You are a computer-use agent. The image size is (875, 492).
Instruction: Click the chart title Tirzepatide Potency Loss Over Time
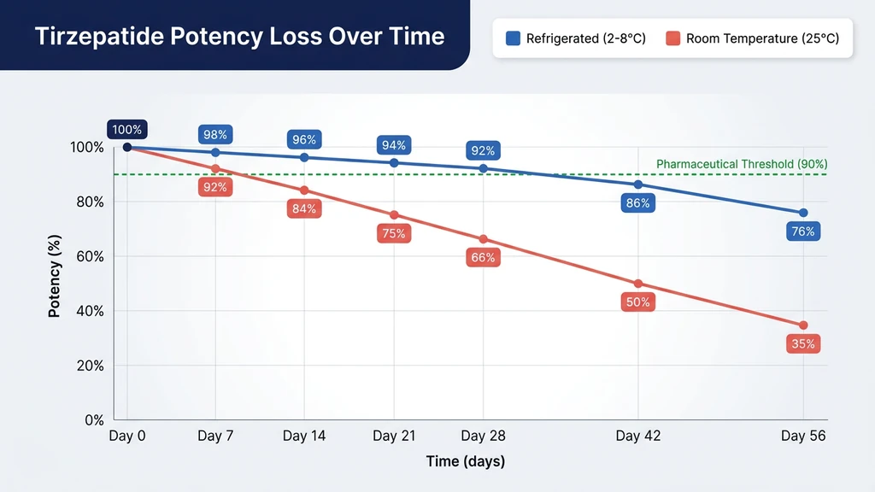(x=239, y=37)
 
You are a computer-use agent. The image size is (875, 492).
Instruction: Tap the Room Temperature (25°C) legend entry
(x=753, y=38)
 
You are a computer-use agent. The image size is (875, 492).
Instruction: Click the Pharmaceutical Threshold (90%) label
(x=741, y=164)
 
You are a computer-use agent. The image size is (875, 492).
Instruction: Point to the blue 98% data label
(x=215, y=135)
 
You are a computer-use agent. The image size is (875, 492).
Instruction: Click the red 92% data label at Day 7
(x=215, y=187)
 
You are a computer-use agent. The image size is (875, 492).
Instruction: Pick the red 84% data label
(x=304, y=208)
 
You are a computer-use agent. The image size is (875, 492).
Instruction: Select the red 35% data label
(x=803, y=344)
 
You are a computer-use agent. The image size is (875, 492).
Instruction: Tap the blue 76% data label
(x=803, y=231)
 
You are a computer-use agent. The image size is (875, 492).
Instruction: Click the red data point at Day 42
(x=638, y=284)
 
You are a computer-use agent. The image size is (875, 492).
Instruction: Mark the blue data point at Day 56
(x=803, y=213)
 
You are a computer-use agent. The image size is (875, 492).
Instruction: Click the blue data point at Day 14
(x=304, y=157)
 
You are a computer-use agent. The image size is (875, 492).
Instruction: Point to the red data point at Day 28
(x=483, y=239)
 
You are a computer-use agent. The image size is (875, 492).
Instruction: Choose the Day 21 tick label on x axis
(x=394, y=436)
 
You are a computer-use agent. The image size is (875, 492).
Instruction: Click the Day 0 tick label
(x=127, y=436)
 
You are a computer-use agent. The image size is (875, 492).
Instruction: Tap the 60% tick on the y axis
(x=88, y=256)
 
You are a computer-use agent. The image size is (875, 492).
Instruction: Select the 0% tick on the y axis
(x=92, y=420)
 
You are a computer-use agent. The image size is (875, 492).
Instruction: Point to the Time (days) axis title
(x=466, y=462)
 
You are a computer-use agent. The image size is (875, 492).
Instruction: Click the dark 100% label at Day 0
(x=127, y=130)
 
